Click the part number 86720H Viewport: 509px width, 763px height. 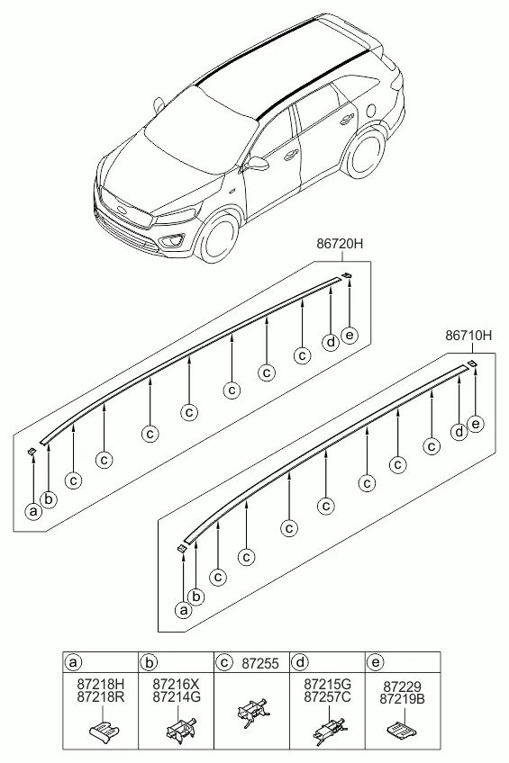click(340, 243)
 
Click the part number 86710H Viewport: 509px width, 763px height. click(468, 336)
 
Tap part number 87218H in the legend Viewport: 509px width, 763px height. click(101, 685)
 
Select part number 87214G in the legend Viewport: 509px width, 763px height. click(177, 696)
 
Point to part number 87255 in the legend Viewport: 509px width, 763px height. click(260, 663)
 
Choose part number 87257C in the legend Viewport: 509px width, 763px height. click(327, 696)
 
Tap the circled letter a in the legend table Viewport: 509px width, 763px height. click(74, 662)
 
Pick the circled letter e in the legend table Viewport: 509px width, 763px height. click(376, 662)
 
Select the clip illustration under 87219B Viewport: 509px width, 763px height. click(402, 728)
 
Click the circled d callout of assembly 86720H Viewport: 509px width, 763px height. click(332, 342)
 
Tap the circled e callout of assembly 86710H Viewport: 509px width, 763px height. click(476, 424)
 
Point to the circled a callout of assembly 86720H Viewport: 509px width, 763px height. click(33, 511)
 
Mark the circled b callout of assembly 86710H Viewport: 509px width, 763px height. click(196, 596)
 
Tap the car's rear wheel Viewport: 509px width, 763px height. click(364, 153)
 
